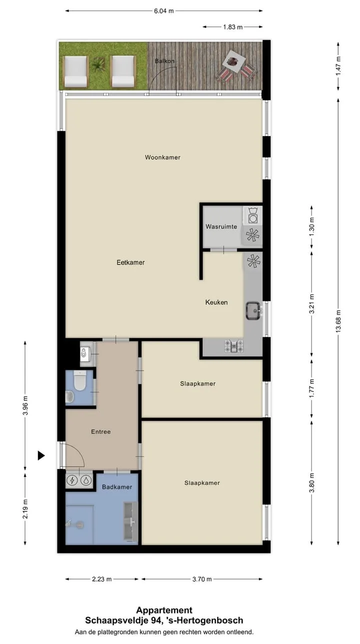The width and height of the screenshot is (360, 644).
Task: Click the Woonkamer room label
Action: [162, 157]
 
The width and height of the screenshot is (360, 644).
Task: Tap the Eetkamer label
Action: [130, 263]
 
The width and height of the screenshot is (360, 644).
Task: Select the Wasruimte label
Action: [221, 227]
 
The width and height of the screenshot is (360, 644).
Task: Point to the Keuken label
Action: [216, 302]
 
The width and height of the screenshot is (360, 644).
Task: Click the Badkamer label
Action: [117, 487]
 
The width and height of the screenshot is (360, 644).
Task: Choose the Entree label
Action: [101, 431]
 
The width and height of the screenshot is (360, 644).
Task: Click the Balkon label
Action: [164, 61]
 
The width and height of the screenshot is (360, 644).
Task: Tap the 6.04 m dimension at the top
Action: [164, 11]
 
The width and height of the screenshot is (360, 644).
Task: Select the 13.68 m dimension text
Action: [338, 321]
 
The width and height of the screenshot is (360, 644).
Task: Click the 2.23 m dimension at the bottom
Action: [101, 579]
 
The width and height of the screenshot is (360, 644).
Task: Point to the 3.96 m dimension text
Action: [25, 405]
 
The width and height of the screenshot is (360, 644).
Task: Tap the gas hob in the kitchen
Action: [234, 346]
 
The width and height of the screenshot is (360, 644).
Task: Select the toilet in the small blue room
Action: [79, 381]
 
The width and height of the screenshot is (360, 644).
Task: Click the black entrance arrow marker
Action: [41, 455]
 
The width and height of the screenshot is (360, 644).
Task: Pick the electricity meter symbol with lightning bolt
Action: [72, 480]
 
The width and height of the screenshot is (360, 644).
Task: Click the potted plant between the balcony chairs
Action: [98, 66]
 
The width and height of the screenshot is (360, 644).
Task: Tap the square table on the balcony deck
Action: [234, 61]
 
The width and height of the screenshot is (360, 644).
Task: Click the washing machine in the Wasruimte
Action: [253, 216]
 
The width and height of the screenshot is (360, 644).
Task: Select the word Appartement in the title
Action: [164, 610]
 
